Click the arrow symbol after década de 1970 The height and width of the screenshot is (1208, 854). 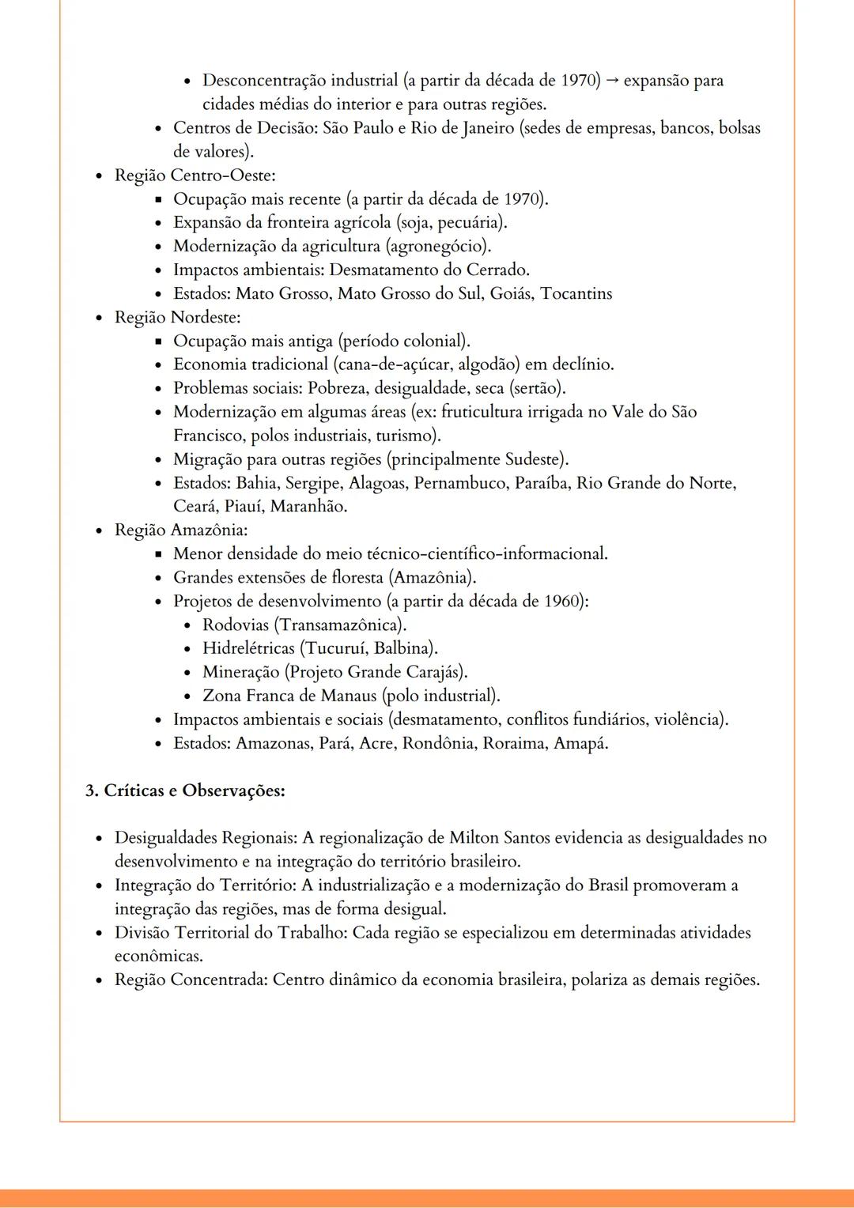pos(612,81)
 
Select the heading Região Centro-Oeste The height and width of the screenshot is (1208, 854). pos(195,176)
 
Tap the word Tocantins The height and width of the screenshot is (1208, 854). pos(576,294)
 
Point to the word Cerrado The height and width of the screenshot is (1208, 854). pos(497,270)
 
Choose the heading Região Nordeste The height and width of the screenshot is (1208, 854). pos(177,318)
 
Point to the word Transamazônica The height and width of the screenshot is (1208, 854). pos(339,625)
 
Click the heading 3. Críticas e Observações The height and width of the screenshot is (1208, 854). pos(185,791)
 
